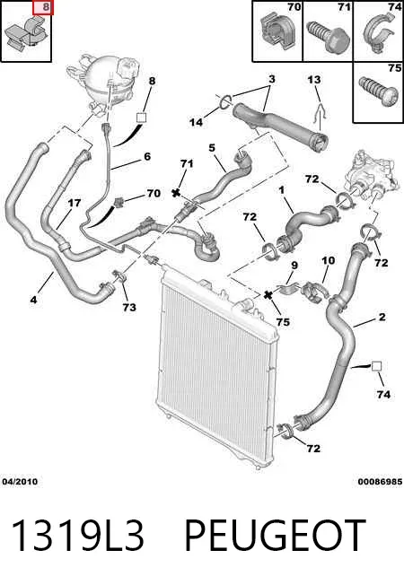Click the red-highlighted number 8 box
click(x=43, y=7)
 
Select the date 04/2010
click(x=20, y=482)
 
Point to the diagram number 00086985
click(x=380, y=482)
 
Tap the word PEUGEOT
click(x=276, y=536)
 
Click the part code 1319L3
click(x=78, y=536)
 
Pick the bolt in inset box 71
click(x=328, y=37)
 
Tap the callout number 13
click(x=314, y=80)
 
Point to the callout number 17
click(x=75, y=203)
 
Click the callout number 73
click(x=129, y=308)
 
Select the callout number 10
click(x=329, y=260)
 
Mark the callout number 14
click(x=196, y=122)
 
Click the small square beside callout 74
click(x=376, y=366)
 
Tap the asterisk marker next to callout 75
click(x=268, y=295)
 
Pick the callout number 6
click(x=147, y=156)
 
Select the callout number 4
click(x=33, y=300)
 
